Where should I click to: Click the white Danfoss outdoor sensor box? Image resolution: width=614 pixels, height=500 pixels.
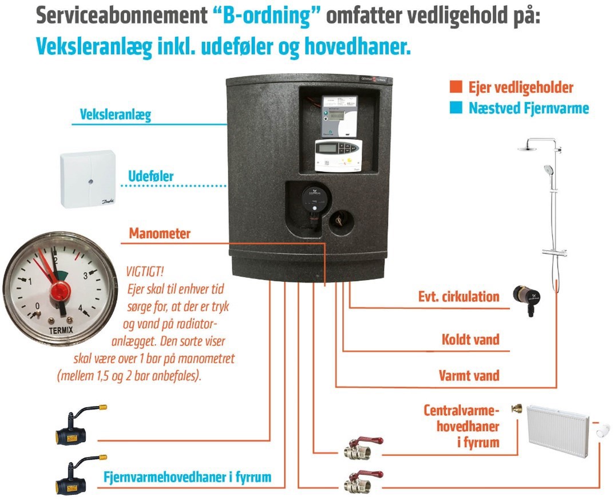tap(88, 179)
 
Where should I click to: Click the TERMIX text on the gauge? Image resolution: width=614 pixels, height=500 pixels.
tap(61, 330)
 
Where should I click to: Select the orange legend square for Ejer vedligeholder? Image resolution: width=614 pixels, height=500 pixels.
tap(456, 86)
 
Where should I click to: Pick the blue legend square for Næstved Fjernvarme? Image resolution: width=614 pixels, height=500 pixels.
tap(456, 107)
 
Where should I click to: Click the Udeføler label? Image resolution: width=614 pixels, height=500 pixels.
tap(150, 176)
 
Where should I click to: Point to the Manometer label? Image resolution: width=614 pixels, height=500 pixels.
tap(160, 234)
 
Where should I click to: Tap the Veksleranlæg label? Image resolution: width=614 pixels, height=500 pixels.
tap(115, 115)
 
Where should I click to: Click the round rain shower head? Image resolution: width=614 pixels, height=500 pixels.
tap(529, 148)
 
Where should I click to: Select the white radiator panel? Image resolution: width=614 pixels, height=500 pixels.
tap(558, 432)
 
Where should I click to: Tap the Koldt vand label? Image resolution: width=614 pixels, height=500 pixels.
tap(470, 339)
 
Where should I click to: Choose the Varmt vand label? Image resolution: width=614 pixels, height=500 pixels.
tap(469, 375)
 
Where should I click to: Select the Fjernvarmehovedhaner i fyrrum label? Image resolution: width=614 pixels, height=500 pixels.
tap(187, 477)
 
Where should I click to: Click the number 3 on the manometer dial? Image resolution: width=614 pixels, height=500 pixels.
tap(85, 275)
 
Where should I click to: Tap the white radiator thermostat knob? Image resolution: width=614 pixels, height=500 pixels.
tap(602, 431)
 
